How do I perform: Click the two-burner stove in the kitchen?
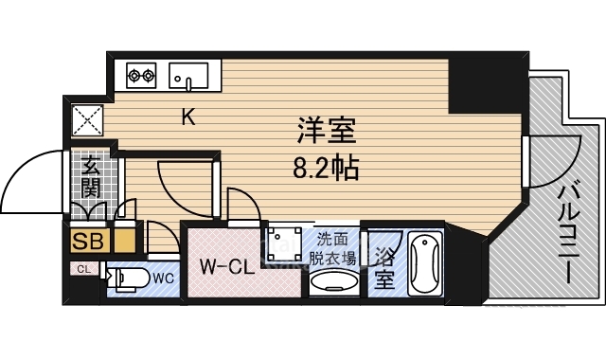141,73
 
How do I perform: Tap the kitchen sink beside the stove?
187,73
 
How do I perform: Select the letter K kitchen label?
188,117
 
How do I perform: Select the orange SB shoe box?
88,240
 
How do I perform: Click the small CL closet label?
83,269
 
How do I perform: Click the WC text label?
162,279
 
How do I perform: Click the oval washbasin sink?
332,281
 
